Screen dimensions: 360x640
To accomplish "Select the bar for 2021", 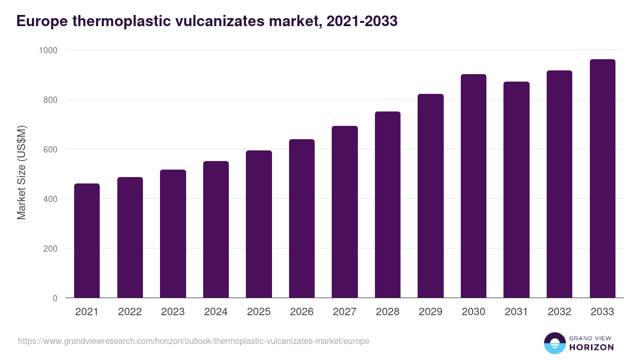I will tap(87, 241).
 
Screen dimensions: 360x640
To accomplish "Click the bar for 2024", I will tap(216, 229).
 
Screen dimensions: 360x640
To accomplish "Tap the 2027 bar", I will tap(345, 212).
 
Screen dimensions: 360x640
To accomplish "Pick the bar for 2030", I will tap(474, 186).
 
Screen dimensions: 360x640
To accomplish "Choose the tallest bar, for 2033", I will tap(602, 179).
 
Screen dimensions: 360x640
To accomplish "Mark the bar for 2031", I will tap(516, 190).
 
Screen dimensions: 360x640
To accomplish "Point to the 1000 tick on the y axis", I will tap(47, 50).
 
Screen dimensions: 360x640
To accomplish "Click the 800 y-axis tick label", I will tap(50, 100).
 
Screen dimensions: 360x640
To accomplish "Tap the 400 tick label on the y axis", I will tap(50, 199).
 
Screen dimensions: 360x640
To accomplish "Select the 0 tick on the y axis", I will tap(55, 298).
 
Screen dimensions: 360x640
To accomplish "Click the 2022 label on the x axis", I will tap(130, 312).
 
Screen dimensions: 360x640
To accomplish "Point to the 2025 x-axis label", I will tap(259, 312).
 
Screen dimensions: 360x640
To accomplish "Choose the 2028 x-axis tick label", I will tap(387, 312).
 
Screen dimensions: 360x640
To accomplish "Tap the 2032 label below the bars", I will tap(559, 312).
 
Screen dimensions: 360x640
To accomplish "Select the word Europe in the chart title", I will tap(42, 21).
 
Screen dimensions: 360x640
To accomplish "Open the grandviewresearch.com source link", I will tap(194, 341).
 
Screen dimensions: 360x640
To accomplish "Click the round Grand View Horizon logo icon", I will tap(554, 343).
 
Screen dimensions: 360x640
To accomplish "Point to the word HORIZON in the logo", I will tap(591, 347).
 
